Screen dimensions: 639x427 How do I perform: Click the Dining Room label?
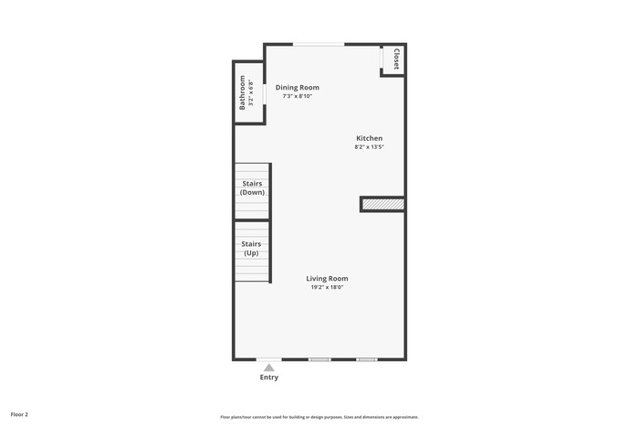point(297,88)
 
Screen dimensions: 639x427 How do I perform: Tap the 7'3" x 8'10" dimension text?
point(297,96)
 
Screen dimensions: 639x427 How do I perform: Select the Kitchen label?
point(369,138)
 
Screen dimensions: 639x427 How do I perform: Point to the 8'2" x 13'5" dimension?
point(369,147)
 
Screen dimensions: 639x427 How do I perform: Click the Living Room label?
point(327,278)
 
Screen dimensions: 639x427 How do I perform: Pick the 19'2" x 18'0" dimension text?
point(327,287)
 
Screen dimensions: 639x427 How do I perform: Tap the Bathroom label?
point(242,92)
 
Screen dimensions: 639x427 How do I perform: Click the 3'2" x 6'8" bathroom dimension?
point(251,92)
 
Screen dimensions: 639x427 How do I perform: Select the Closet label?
point(396,59)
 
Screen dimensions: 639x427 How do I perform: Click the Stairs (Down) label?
point(252,187)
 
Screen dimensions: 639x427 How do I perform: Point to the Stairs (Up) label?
point(251,248)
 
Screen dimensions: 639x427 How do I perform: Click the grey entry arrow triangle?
point(269,368)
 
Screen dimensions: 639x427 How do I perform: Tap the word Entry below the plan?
point(269,378)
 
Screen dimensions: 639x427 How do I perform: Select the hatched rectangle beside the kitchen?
point(383,205)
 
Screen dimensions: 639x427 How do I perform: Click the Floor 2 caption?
point(19,415)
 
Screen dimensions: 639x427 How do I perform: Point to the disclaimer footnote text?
point(319,417)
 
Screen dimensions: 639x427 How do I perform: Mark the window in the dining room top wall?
point(319,44)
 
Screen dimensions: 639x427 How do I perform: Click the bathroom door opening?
point(264,94)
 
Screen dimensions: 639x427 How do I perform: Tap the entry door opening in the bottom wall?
point(269,359)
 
